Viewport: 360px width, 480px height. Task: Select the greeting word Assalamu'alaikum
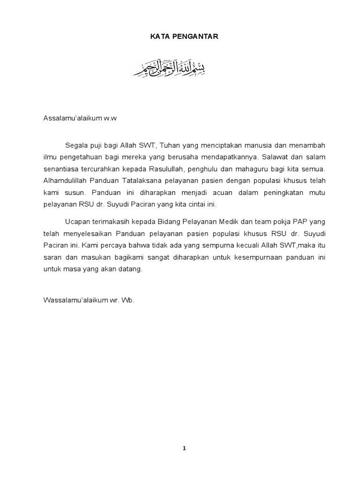pos(73,119)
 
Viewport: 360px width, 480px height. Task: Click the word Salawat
pos(279,157)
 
